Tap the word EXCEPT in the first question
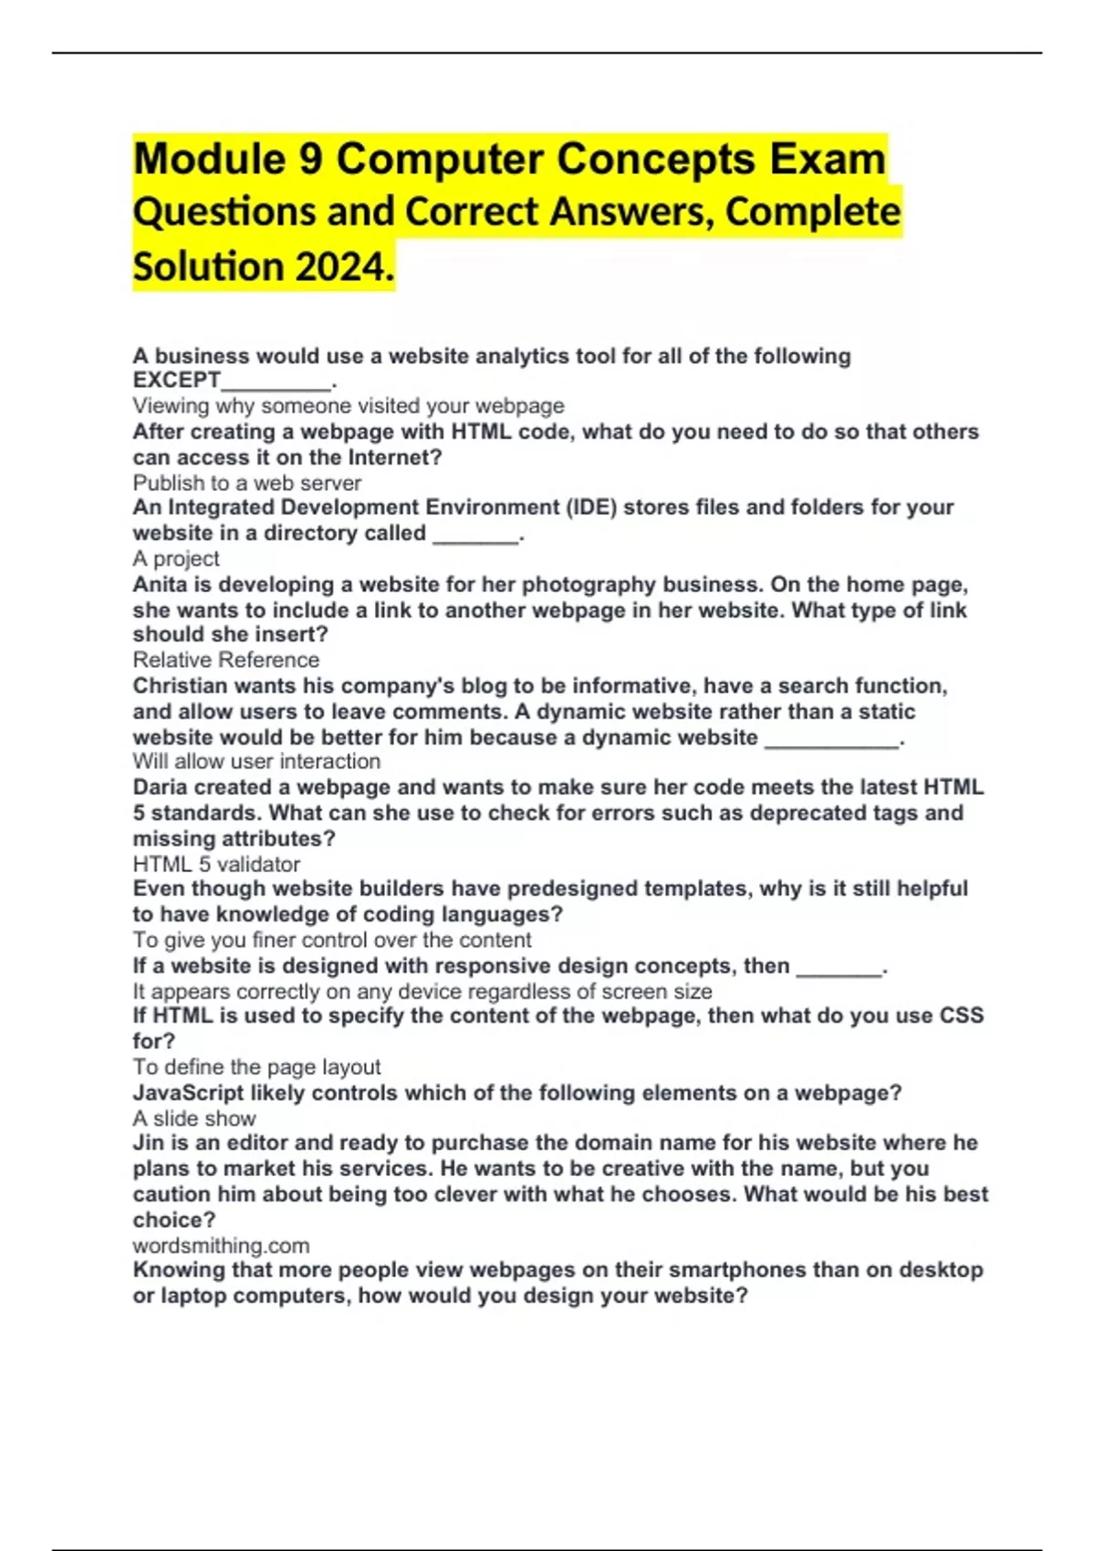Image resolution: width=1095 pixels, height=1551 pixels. (x=177, y=380)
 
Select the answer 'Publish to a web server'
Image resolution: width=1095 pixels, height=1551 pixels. (x=247, y=483)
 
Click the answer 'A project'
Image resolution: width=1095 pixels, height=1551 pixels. (x=176, y=558)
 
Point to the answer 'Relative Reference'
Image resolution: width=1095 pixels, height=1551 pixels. (x=226, y=660)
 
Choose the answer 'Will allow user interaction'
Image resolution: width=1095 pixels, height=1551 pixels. (x=256, y=761)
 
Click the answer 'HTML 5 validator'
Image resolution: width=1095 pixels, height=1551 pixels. (x=216, y=864)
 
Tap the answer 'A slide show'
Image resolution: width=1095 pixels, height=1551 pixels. (x=194, y=1118)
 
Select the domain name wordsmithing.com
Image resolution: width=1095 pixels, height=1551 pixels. (x=221, y=1245)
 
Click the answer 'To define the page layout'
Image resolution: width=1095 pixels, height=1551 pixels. (x=256, y=1067)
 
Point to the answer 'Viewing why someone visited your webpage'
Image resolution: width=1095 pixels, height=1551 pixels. (x=349, y=406)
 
